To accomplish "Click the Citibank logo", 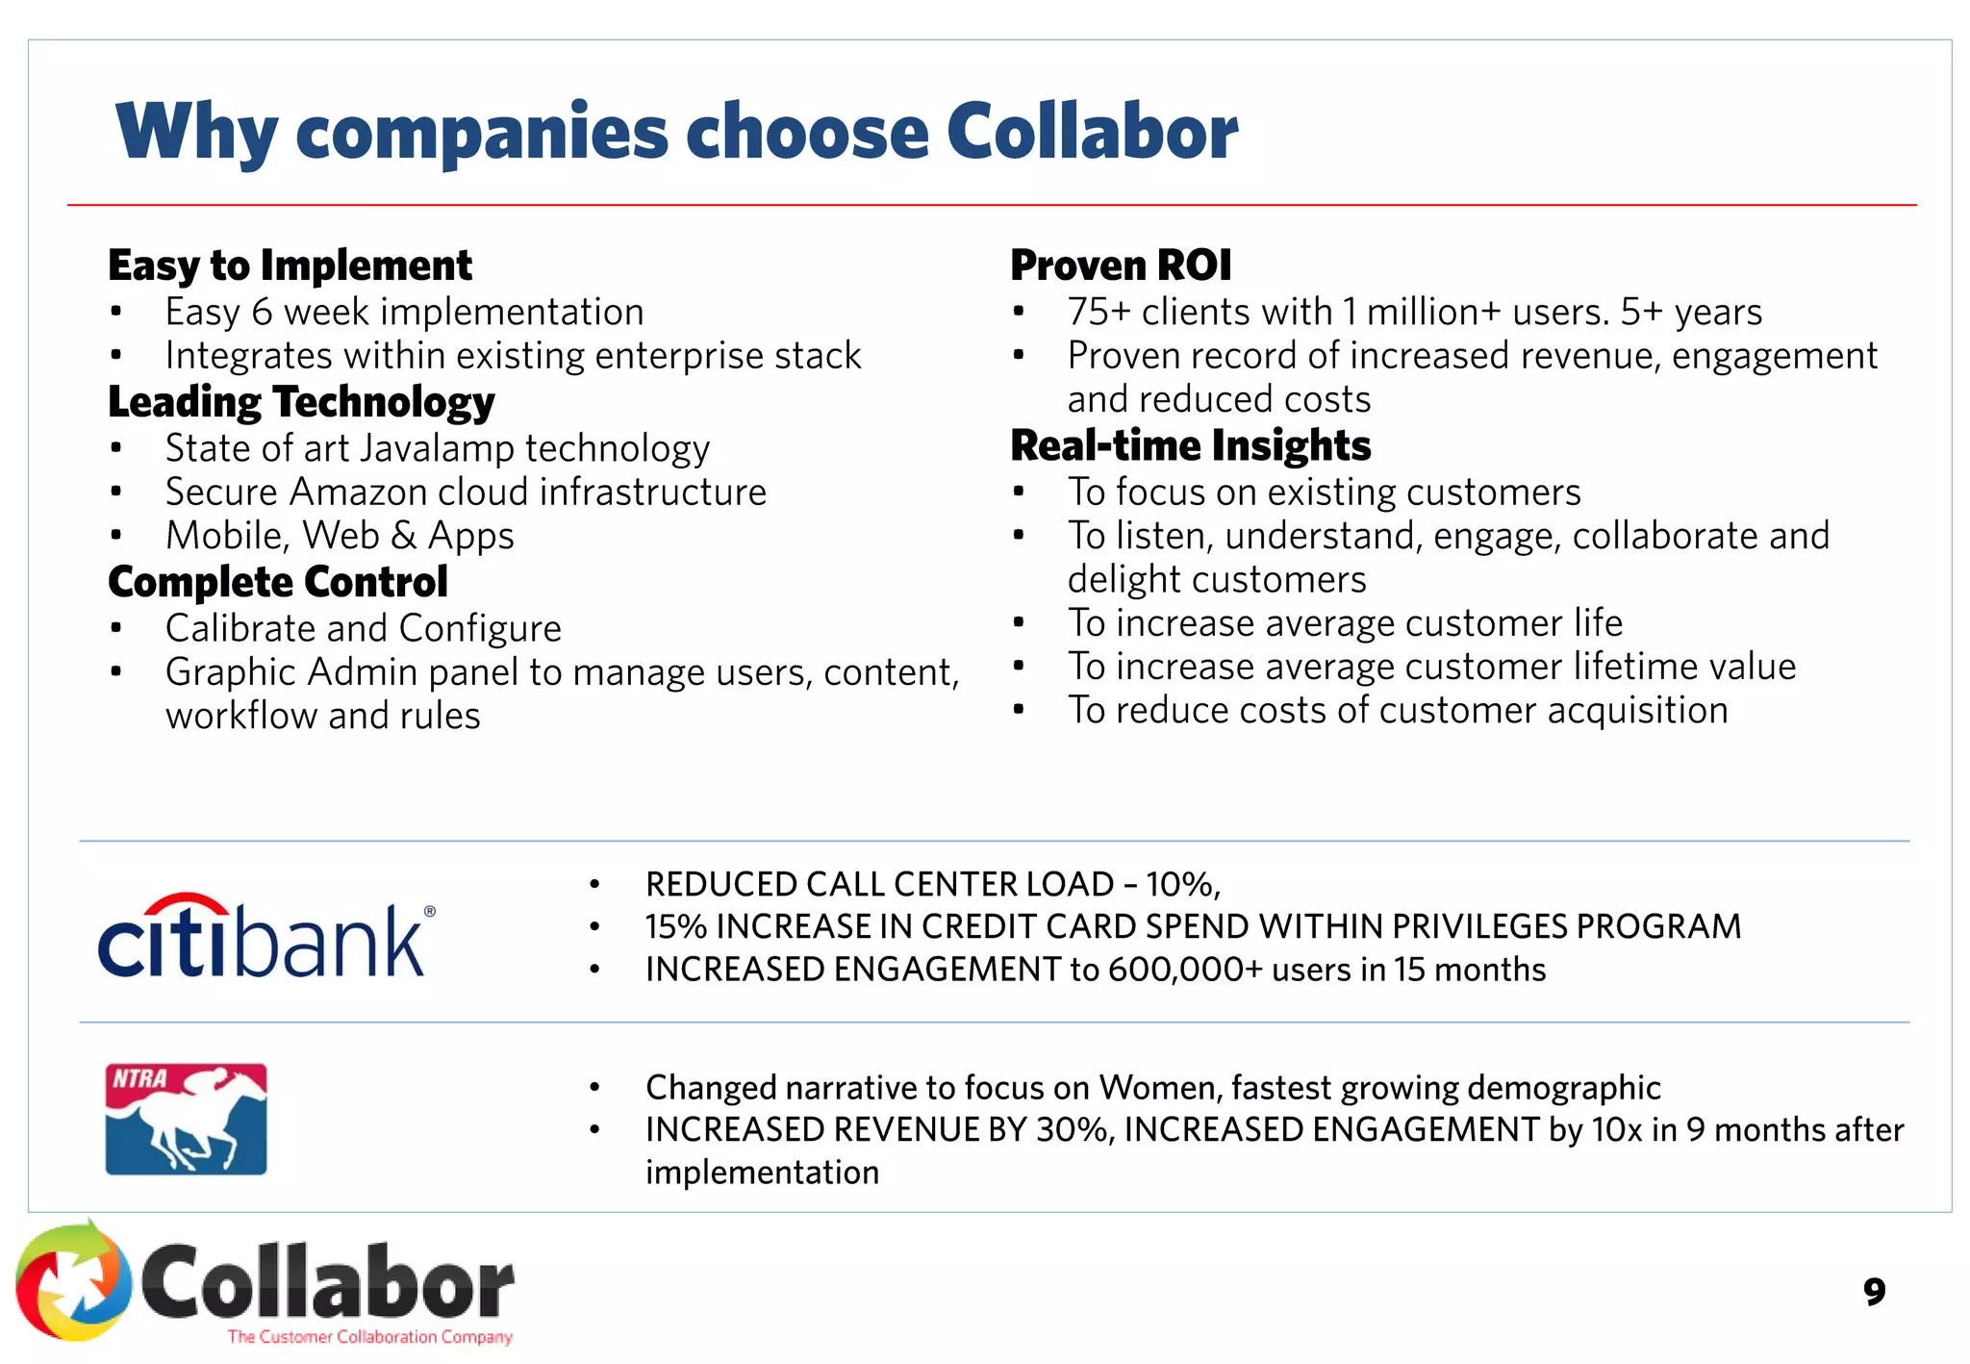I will [x=265, y=936].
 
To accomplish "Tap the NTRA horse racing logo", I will [x=186, y=1119].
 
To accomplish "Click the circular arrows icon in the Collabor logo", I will [x=73, y=1281].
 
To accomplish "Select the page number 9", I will [x=1874, y=1291].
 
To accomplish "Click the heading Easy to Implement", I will [x=290, y=265].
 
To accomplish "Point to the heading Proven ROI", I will [x=1121, y=265].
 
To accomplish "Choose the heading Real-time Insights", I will [x=1191, y=445].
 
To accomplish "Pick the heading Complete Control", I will [x=278, y=582].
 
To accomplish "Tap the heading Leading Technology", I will [x=301, y=402].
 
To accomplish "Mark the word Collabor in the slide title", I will [x=1092, y=132].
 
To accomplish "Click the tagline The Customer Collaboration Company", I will [x=369, y=1336].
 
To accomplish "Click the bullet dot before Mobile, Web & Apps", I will [x=115, y=536].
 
